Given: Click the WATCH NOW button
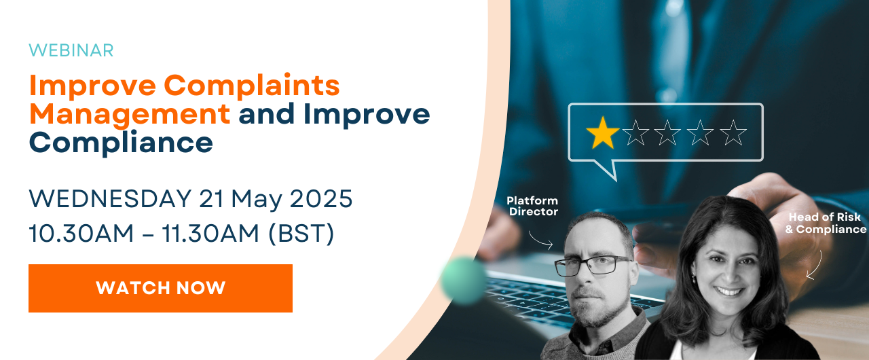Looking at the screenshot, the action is click(160, 288).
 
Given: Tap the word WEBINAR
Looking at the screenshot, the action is click(71, 51).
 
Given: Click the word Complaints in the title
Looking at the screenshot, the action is click(252, 86).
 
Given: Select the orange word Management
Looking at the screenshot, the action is click(130, 114).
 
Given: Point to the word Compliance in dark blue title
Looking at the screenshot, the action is click(121, 143).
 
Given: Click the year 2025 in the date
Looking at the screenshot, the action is click(321, 198).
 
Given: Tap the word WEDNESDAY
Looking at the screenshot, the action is click(110, 198).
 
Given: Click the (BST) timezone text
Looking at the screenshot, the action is click(301, 234).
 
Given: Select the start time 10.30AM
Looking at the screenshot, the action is click(81, 234).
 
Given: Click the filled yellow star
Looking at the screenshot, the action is click(602, 133).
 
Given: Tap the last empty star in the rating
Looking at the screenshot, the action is click(733, 133).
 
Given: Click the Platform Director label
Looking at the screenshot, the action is click(533, 206).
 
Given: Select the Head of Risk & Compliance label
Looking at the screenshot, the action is click(825, 223).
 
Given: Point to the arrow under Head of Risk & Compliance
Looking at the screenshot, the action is click(815, 266).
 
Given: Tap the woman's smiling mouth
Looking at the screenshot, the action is click(728, 291).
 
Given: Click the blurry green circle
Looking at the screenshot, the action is click(463, 280).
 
